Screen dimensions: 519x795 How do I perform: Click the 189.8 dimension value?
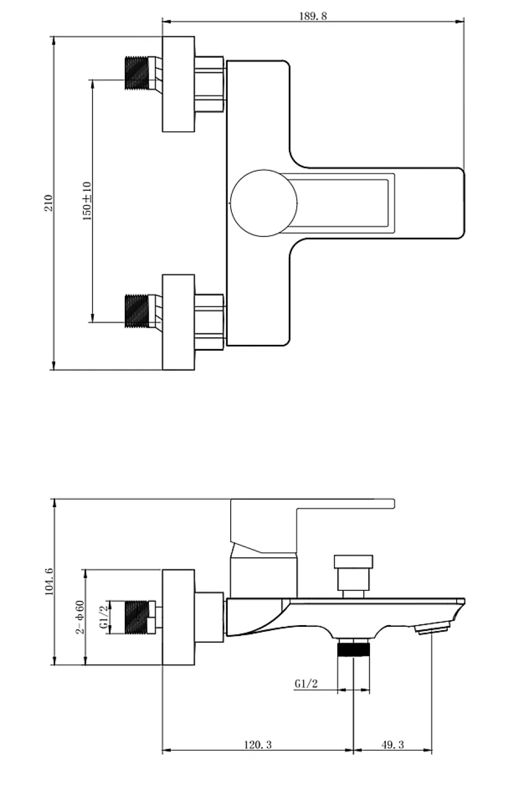coord(313,17)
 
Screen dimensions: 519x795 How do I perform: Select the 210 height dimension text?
coord(49,202)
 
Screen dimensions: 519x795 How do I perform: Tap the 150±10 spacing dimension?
coord(87,201)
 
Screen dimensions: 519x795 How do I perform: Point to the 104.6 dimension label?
coord(49,581)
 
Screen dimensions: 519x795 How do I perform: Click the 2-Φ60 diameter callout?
coord(80,617)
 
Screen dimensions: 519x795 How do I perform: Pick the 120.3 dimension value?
coord(257,744)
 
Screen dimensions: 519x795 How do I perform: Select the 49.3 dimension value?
coord(393,744)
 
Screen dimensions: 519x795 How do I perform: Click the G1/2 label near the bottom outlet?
coord(306,683)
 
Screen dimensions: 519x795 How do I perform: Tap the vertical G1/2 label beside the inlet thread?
coord(103,617)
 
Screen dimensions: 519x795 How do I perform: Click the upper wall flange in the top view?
coord(178,84)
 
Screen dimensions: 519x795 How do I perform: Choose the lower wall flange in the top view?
coord(178,322)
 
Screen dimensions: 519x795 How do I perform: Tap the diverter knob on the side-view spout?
coord(353,577)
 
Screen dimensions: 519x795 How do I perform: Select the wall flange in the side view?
coord(178,617)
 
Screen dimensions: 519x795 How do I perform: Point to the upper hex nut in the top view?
coord(209,84)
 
